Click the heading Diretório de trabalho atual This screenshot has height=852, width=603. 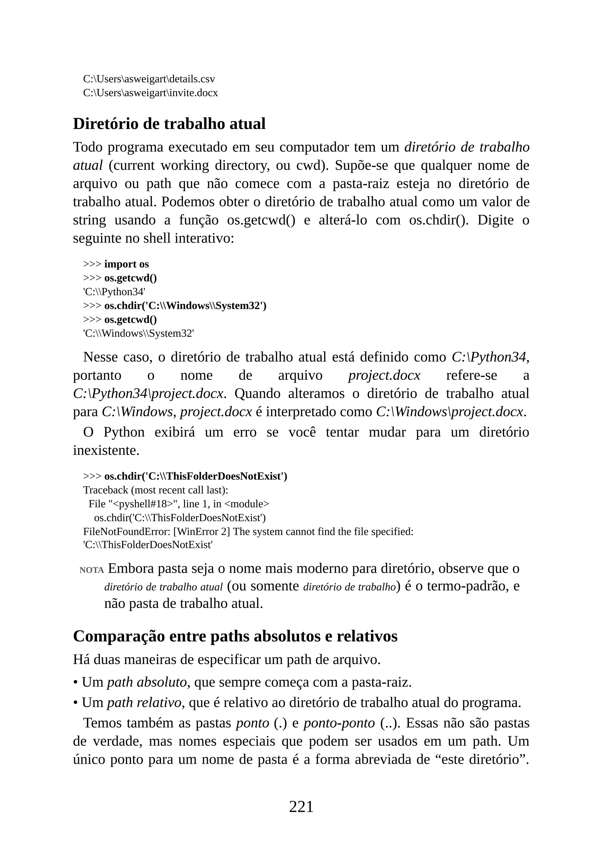[x=169, y=124]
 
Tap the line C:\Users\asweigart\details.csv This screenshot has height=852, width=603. [x=149, y=79]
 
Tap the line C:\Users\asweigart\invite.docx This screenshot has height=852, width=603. [x=150, y=93]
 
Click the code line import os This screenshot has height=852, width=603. [x=126, y=264]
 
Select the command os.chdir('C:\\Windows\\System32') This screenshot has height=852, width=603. [x=185, y=306]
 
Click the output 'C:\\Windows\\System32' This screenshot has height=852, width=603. [x=138, y=334]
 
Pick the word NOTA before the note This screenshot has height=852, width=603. [x=91, y=570]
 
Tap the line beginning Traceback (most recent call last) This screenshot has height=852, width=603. [x=155, y=490]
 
